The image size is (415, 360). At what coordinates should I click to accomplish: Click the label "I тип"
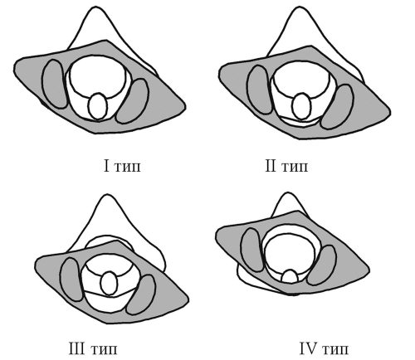click(x=122, y=166)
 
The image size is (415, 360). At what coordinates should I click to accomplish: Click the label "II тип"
click(x=286, y=166)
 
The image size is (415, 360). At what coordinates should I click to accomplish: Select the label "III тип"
click(x=93, y=348)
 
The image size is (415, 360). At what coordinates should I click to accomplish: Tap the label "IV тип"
click(x=324, y=348)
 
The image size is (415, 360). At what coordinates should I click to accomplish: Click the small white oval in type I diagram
click(x=98, y=106)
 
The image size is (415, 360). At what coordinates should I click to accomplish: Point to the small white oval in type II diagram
click(x=302, y=106)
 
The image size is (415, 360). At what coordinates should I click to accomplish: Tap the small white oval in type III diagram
click(x=109, y=283)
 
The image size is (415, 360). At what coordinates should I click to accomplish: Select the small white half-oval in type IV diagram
click(x=290, y=276)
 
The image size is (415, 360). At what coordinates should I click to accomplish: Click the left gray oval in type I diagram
click(x=55, y=84)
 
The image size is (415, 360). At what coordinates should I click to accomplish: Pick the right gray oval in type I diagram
click(x=132, y=101)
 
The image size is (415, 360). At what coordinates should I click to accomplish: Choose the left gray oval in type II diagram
click(x=260, y=90)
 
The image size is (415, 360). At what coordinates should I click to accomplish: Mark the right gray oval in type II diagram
click(x=337, y=107)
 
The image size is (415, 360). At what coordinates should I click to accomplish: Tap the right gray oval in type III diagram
click(x=141, y=294)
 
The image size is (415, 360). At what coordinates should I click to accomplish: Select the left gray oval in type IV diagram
click(x=252, y=250)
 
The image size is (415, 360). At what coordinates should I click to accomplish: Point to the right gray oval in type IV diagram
click(x=322, y=265)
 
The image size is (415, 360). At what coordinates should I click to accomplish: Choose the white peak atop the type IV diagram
click(x=288, y=203)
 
